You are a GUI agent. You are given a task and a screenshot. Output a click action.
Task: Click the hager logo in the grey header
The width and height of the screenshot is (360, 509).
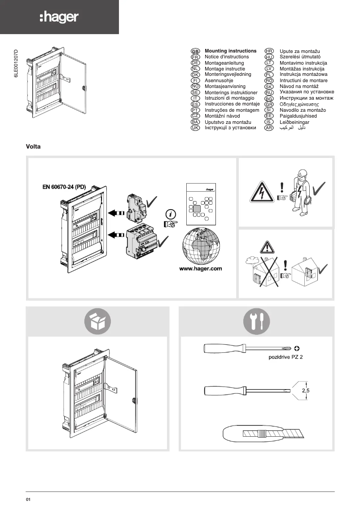tap(59, 18)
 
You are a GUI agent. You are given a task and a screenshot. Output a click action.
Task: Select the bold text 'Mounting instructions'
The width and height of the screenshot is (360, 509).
tap(230, 51)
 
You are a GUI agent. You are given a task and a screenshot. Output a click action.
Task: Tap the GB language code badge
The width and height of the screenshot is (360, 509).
tap(195, 52)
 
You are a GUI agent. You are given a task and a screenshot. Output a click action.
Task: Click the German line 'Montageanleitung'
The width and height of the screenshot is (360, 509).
tap(224, 63)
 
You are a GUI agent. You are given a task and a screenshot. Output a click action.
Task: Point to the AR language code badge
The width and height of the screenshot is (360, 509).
tap(269, 128)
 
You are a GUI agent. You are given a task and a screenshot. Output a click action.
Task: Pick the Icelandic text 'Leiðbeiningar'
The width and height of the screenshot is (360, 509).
tap(295, 122)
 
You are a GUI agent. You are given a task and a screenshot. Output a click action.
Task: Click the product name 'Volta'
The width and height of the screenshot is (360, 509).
tap(34, 146)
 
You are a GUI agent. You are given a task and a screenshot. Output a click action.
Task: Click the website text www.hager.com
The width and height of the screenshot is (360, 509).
tap(201, 269)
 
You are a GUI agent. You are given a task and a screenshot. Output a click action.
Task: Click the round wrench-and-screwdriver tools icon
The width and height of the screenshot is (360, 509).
tap(256, 321)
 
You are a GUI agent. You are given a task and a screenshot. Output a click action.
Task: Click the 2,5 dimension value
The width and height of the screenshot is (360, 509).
tap(306, 391)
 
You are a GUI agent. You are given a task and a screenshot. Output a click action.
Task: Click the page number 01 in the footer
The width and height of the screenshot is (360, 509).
tap(28, 500)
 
